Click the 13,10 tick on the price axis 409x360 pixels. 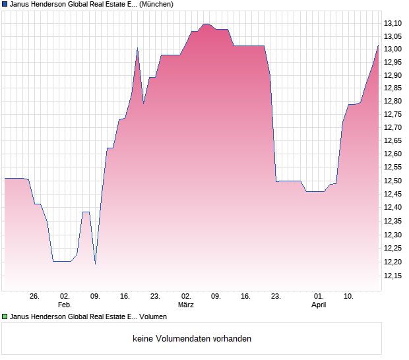tap(393, 23)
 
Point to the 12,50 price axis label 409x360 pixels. tap(393, 180)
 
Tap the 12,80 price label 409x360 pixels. tap(393, 101)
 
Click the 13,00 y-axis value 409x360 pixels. tap(393, 49)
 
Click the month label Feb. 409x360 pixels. tap(64, 305)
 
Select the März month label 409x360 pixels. tap(186, 305)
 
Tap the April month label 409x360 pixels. tap(319, 305)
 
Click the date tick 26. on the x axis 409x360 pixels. tap(35, 297)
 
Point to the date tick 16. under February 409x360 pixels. tap(125, 297)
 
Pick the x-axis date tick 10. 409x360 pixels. tap(349, 297)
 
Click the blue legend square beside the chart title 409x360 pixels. tap(5, 4)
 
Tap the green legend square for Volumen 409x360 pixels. tap(5, 317)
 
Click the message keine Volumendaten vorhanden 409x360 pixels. tap(192, 339)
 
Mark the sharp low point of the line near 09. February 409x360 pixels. tap(95, 264)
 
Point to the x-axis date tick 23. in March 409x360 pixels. tap(276, 297)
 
